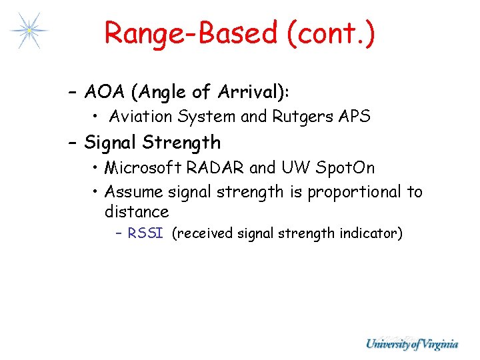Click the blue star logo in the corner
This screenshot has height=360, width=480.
pos(29,30)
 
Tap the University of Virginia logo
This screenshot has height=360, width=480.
pos(411,344)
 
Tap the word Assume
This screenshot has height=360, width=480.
pos(134,192)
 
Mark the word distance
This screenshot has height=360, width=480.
pos(137,212)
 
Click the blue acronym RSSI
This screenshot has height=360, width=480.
pos(145,233)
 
